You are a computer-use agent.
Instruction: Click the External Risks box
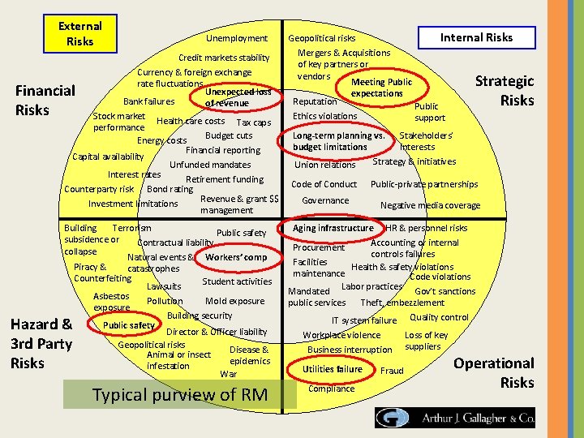pyautogui.click(x=80, y=34)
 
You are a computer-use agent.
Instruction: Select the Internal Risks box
pyautogui.click(x=476, y=37)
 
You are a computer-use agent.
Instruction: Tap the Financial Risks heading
pyautogui.click(x=45, y=100)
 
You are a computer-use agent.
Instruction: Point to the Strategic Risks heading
pyautogui.click(x=505, y=90)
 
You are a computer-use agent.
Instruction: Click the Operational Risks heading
pyautogui.click(x=494, y=372)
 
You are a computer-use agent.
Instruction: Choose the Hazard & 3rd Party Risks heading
pyautogui.click(x=41, y=343)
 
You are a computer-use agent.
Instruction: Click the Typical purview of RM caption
pyautogui.click(x=180, y=395)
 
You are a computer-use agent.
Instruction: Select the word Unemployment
pyautogui.click(x=236, y=38)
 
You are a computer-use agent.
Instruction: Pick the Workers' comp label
pyautogui.click(x=236, y=258)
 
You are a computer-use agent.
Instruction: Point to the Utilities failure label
pyautogui.click(x=333, y=369)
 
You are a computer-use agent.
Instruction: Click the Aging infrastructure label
pyautogui.click(x=333, y=228)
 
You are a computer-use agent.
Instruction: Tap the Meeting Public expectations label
pyautogui.click(x=381, y=88)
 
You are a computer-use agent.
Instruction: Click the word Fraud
pyautogui.click(x=392, y=371)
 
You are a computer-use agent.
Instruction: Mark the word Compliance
pyautogui.click(x=332, y=389)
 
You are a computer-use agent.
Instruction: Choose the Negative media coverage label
pyautogui.click(x=430, y=205)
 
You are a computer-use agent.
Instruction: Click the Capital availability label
pyautogui.click(x=108, y=157)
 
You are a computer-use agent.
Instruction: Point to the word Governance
pyautogui.click(x=325, y=200)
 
